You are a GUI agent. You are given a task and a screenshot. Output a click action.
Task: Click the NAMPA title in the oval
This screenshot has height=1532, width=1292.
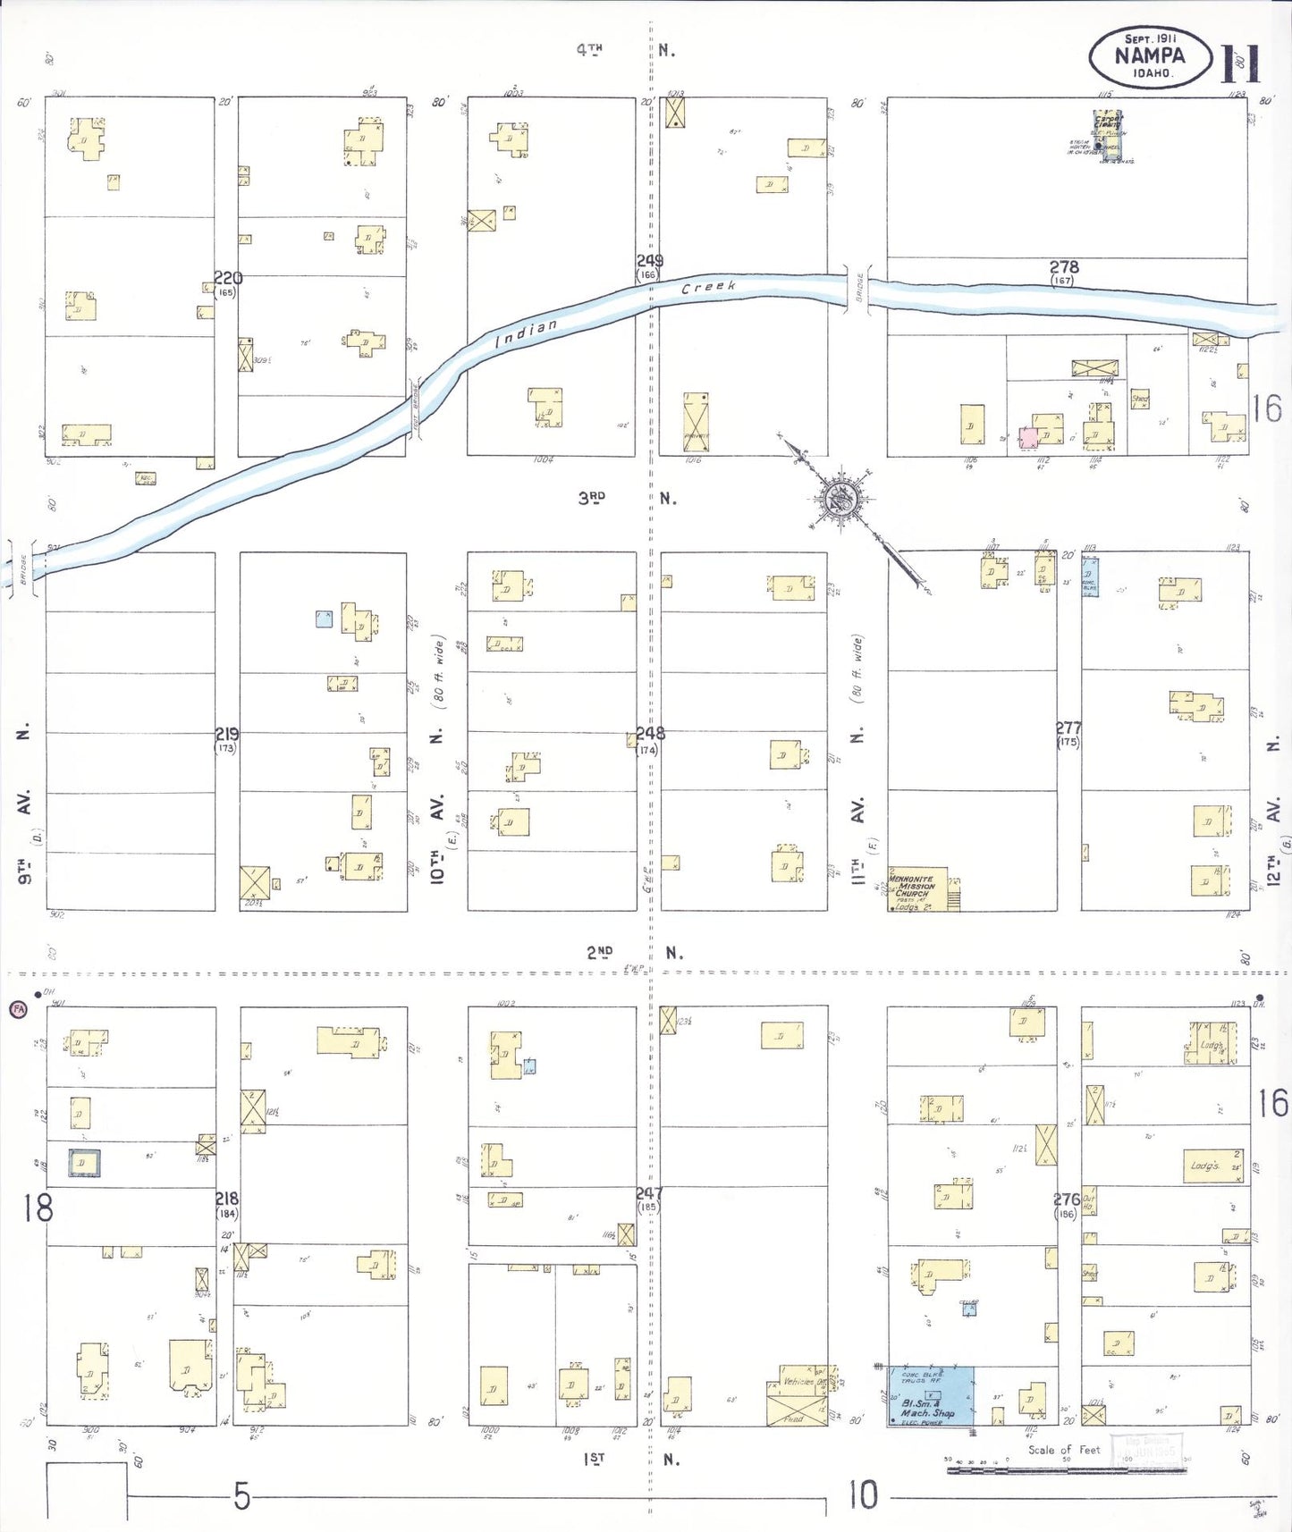[x=1150, y=55]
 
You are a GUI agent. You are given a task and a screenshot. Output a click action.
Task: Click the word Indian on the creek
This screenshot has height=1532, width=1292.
[x=527, y=332]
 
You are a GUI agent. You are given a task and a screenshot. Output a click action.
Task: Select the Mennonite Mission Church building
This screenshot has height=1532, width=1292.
[x=917, y=888]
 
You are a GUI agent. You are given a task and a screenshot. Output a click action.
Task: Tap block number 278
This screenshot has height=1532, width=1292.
[x=1064, y=266]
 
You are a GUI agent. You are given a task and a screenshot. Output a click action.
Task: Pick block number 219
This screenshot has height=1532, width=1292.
[x=227, y=734]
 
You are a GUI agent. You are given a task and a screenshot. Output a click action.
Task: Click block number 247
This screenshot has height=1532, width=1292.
[x=649, y=1193]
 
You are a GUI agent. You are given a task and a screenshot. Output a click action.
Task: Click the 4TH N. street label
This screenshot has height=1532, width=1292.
[x=626, y=50]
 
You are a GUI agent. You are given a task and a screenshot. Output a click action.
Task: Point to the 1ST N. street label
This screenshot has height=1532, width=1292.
[x=631, y=1459]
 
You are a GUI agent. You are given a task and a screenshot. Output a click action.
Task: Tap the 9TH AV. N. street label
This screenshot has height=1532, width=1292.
[x=24, y=804]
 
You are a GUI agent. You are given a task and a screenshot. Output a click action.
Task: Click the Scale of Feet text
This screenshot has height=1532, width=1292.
[x=1063, y=1450]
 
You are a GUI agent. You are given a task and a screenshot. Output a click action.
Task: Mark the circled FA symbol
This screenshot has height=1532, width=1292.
[x=18, y=1009]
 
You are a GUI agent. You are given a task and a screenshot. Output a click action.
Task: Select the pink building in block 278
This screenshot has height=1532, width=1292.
[x=1029, y=438]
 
